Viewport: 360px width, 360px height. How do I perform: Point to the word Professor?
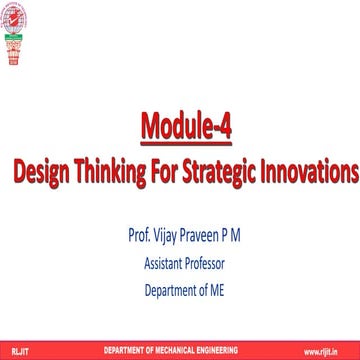click(x=203, y=265)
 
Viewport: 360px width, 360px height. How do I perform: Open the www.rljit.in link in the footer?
click(x=332, y=351)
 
